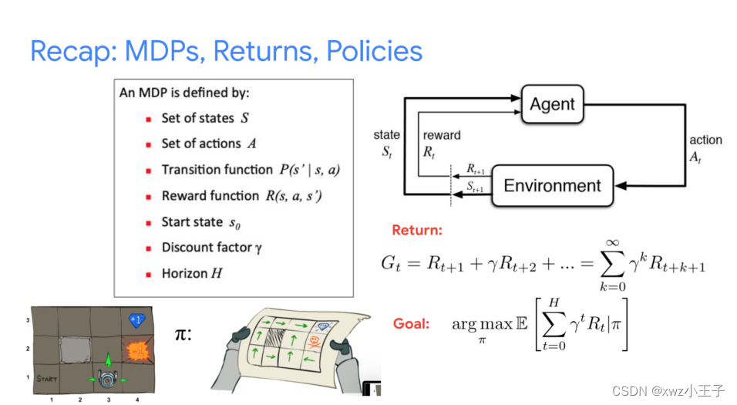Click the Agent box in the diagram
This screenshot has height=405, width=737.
552,105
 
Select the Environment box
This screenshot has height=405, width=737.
552,186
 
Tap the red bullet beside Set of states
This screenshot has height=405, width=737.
148,120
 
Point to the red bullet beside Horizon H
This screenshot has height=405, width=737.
148,275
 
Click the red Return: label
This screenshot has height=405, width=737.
417,230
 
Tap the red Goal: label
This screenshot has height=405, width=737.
411,324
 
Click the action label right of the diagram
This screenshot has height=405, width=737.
705,140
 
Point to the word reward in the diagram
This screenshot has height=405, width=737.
442,135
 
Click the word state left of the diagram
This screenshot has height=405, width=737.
387,135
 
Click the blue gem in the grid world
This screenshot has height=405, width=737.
136,319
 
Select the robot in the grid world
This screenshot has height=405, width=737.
107,377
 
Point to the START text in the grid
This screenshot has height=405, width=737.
47,379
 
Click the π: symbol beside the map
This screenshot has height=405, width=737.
183,336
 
